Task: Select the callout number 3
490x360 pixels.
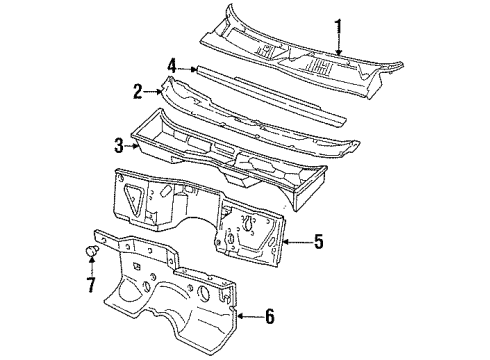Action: (118, 146)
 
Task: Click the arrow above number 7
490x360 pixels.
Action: (90, 268)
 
